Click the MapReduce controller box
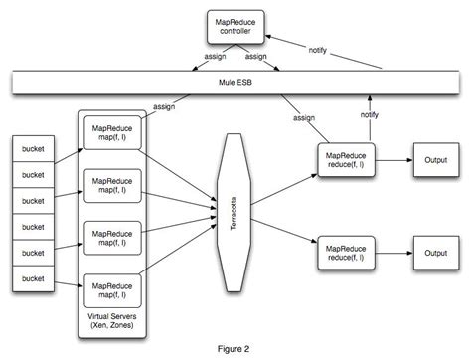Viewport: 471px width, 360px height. click(x=242, y=26)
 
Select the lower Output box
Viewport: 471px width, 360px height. click(x=433, y=254)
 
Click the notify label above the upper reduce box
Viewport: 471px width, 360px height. click(x=369, y=115)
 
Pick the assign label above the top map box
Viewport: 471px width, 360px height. click(x=165, y=105)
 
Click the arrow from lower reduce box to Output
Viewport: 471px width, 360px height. click(x=394, y=254)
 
